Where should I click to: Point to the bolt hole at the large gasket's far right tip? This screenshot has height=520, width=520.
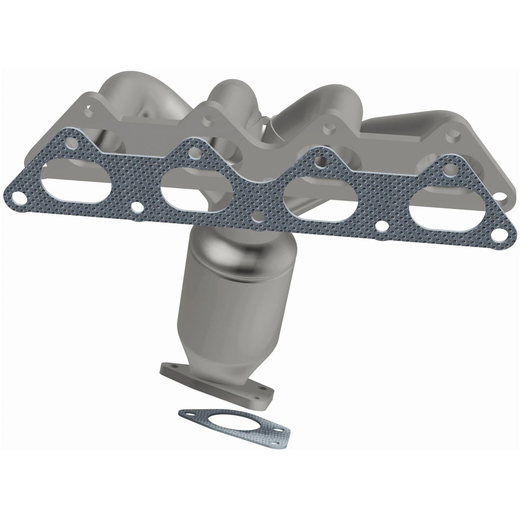498,235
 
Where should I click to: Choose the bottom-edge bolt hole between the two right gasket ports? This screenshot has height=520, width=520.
381,227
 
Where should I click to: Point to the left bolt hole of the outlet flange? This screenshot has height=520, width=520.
168,370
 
